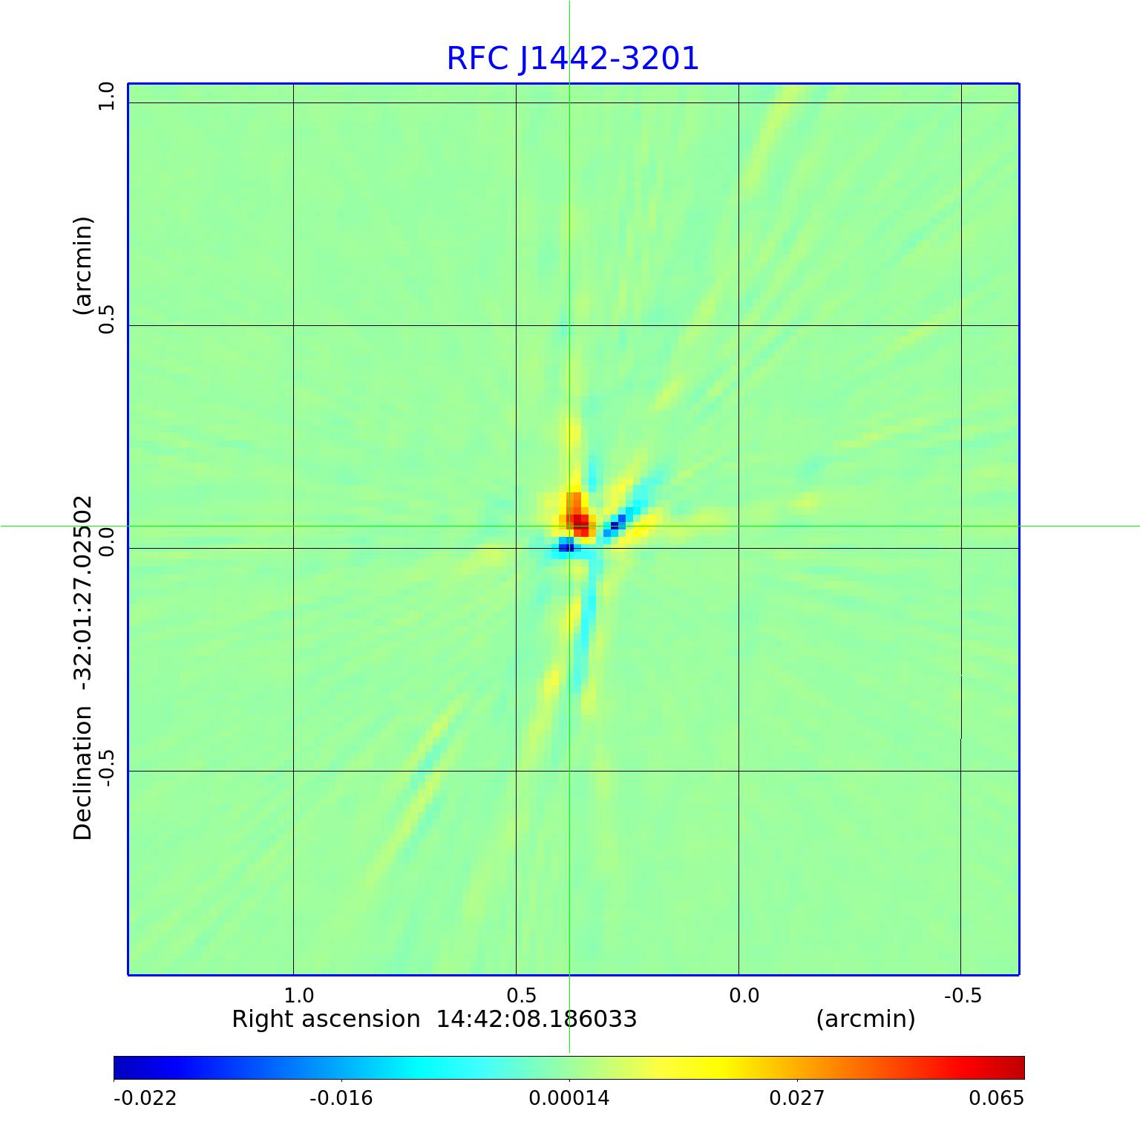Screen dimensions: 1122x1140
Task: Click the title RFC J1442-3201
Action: [x=572, y=59]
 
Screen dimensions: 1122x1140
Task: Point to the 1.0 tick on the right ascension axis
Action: [x=299, y=995]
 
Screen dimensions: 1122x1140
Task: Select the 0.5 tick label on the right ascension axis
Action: [x=522, y=995]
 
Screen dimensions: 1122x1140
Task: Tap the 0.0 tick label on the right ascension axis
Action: [x=744, y=995]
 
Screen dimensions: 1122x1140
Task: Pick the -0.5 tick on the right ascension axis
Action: [x=963, y=995]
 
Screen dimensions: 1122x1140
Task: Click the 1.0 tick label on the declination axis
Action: [x=108, y=97]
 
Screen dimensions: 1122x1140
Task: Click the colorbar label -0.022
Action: [x=145, y=1098]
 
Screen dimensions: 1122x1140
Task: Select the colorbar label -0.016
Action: [x=341, y=1098]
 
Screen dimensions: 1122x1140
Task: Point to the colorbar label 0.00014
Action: [x=569, y=1098]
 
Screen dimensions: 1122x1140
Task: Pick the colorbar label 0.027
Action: [x=796, y=1098]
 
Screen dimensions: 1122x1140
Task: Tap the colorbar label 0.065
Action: [x=996, y=1098]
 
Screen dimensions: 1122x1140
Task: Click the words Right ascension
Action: [x=326, y=1020]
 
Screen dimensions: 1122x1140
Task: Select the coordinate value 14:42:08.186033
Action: [x=536, y=1020]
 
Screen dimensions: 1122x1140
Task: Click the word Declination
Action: [x=82, y=772]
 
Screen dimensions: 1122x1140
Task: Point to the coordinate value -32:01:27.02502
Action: [x=82, y=594]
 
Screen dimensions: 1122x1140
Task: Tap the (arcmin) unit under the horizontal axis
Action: [x=865, y=1020]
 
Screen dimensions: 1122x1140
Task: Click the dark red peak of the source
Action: [x=581, y=521]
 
